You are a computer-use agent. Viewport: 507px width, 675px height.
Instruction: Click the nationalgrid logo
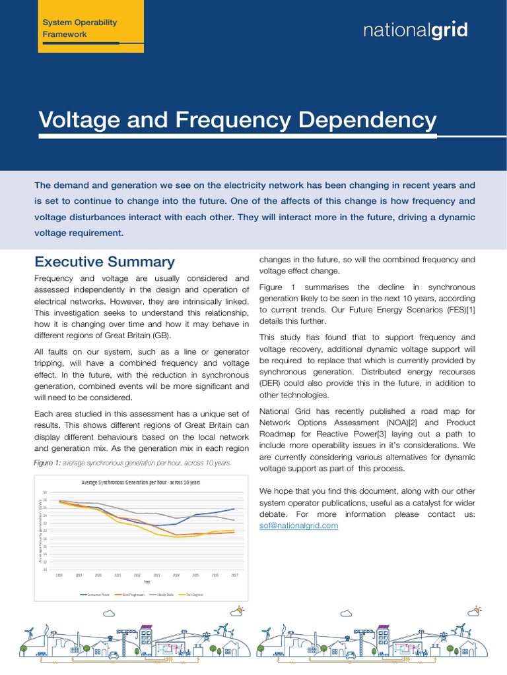pos(416,30)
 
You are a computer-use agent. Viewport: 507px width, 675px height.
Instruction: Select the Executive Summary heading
pos(104,262)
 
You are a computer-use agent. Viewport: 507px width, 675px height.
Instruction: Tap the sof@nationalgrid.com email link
pos(298,525)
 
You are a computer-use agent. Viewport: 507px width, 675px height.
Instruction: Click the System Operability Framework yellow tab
pos(79,28)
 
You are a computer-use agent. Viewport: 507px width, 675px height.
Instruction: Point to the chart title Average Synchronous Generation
pos(140,483)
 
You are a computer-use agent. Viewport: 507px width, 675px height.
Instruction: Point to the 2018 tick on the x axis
pos(59,575)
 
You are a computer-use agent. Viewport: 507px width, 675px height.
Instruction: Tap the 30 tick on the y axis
pos(44,492)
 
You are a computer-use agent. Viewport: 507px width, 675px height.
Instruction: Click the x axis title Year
pos(147,582)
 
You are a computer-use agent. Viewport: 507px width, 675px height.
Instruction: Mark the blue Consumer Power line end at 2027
pos(234,509)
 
